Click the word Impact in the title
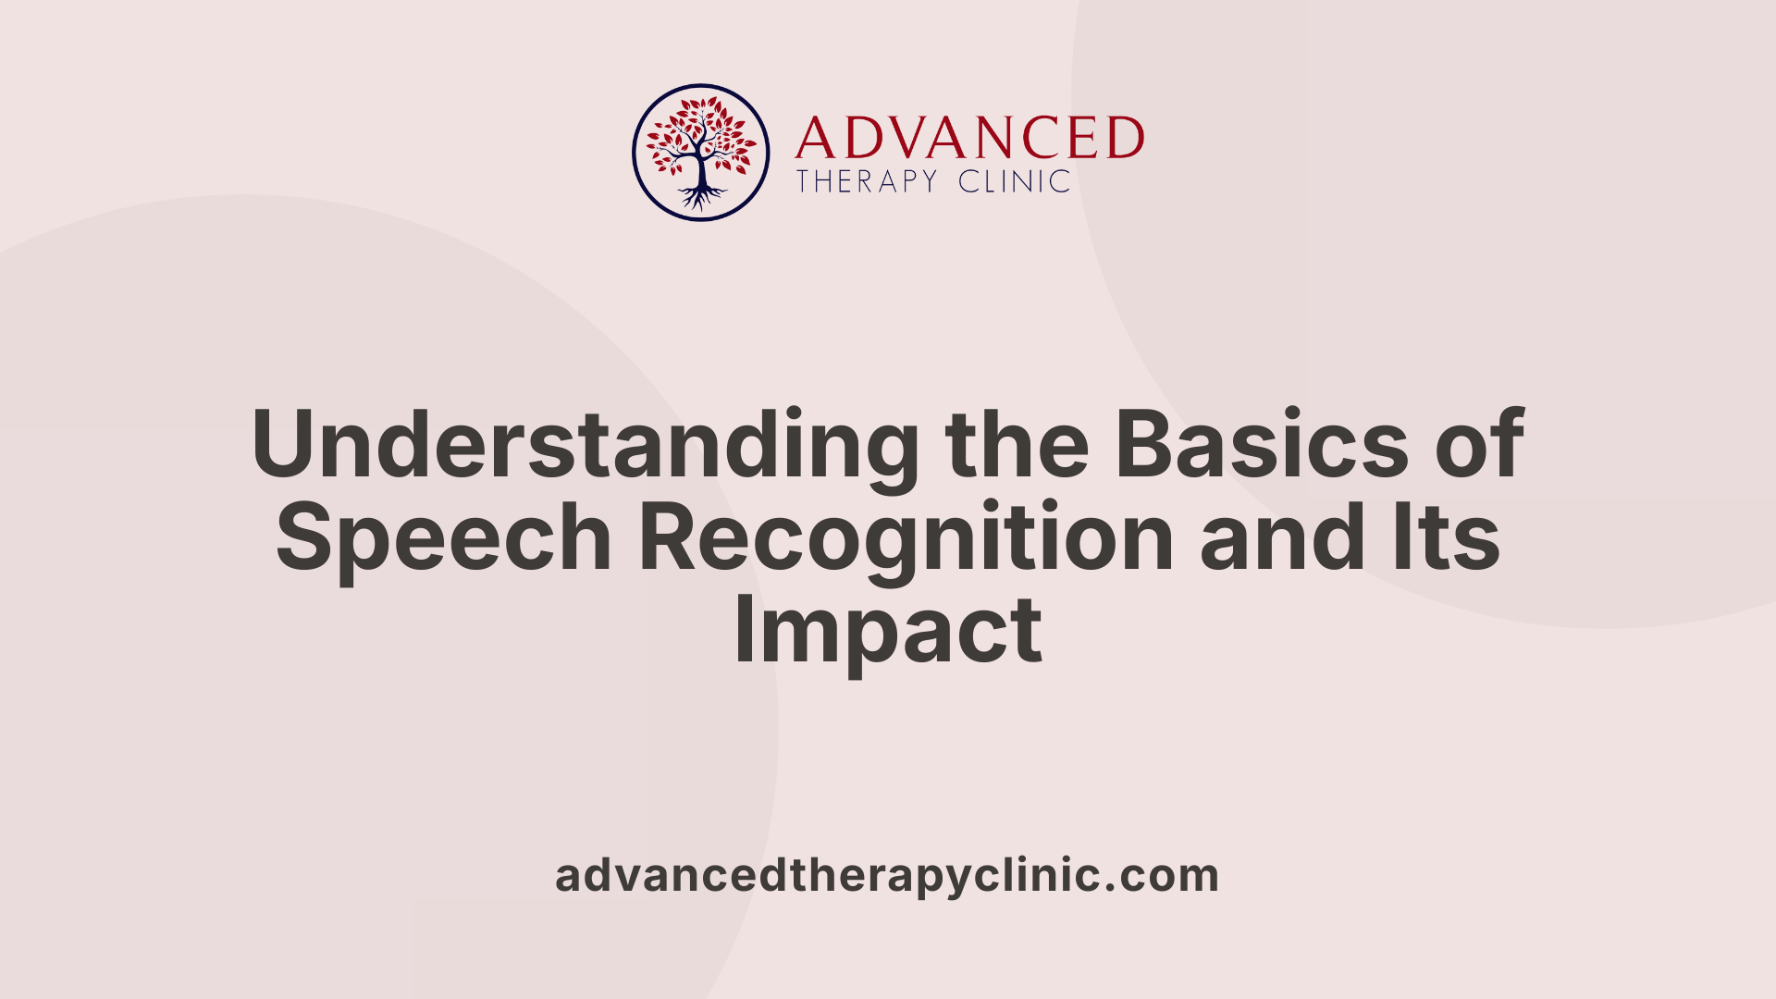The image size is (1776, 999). (x=888, y=631)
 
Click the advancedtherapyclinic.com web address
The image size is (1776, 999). (x=887, y=875)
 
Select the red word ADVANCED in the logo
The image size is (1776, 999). (x=969, y=139)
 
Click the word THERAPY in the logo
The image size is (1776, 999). (x=867, y=181)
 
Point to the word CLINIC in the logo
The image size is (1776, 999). (x=1015, y=181)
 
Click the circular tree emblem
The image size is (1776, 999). (x=700, y=153)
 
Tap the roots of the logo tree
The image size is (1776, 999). (x=701, y=196)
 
